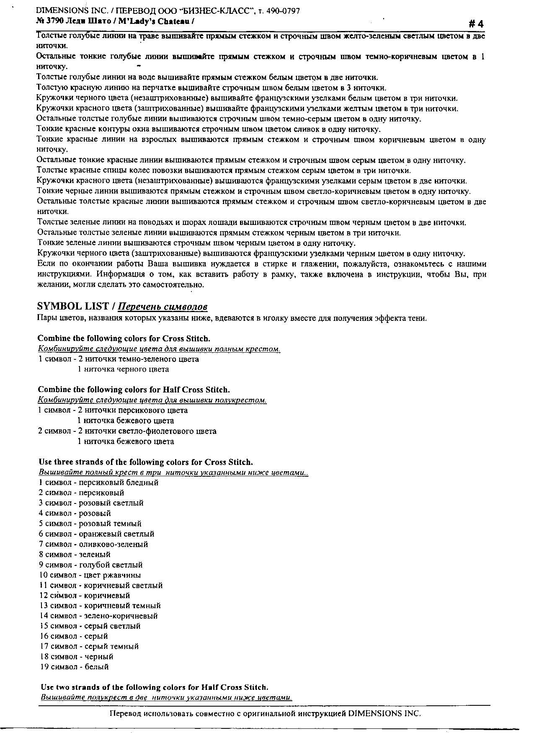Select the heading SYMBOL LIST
73,306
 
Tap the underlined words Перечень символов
163,307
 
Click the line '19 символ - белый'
74,666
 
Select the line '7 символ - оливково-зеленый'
93,544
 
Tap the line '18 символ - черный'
76,656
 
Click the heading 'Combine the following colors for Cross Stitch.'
124,338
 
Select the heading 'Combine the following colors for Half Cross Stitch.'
134,390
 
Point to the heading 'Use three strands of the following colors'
146,462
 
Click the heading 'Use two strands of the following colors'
154,687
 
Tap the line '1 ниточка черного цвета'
123,369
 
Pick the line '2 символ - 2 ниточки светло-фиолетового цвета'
127,431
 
